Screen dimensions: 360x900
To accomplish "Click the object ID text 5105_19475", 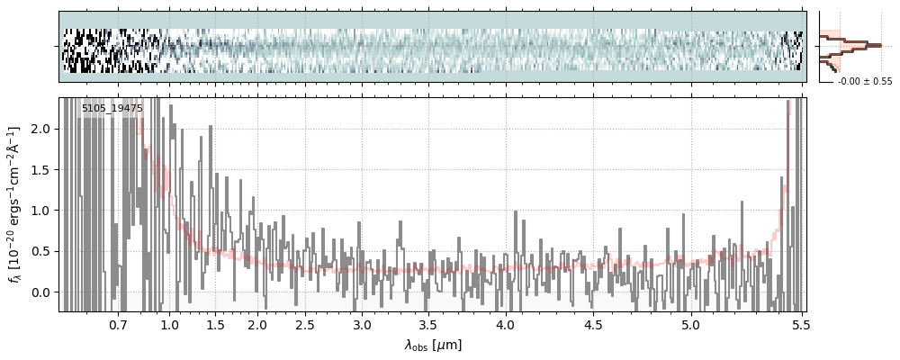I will click(x=112, y=108).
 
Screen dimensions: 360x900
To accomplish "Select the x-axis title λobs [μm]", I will click(x=433, y=345).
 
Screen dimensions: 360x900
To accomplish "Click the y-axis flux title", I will click(x=15, y=204).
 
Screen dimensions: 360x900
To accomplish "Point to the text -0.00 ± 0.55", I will click(x=864, y=82).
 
